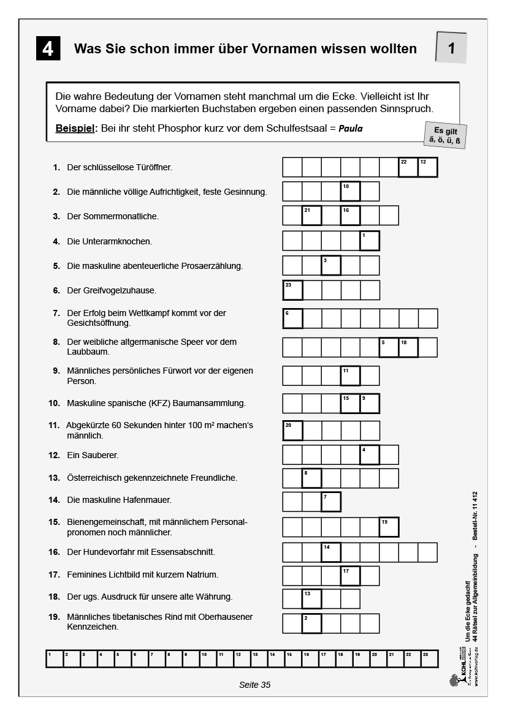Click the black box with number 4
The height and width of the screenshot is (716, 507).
(48, 48)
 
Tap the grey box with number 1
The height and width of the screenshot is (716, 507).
(451, 48)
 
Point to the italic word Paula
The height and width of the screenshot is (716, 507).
(351, 129)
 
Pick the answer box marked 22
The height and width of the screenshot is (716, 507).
(408, 167)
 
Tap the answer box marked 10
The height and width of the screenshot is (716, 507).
(350, 192)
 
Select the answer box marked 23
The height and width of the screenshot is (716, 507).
(292, 290)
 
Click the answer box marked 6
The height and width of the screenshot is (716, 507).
(292, 318)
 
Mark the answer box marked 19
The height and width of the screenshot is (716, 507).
(389, 527)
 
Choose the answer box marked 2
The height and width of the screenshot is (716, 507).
(311, 623)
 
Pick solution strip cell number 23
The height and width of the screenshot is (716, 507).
(429, 658)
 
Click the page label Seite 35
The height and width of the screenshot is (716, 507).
(254, 685)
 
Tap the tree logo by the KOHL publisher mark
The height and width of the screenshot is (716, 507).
(454, 680)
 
